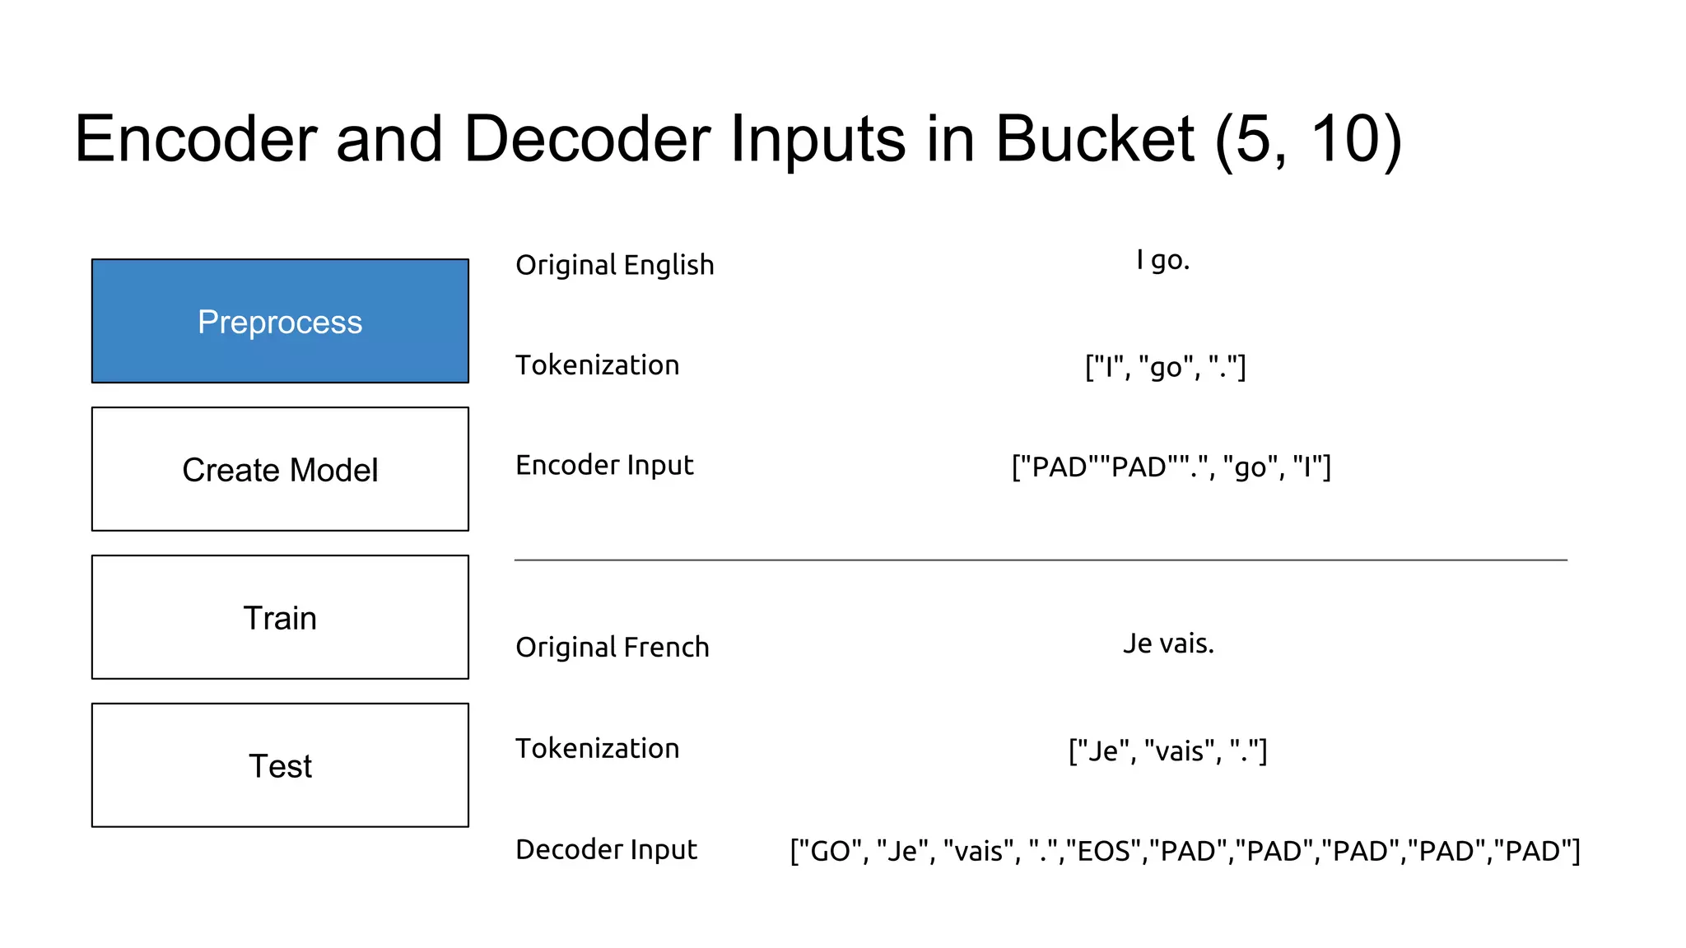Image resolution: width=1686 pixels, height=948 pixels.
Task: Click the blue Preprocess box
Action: [280, 321]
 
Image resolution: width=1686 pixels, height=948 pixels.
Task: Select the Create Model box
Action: [280, 469]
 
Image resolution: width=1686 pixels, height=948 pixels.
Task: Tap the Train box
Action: [280, 617]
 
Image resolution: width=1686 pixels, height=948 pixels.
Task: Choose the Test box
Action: [280, 765]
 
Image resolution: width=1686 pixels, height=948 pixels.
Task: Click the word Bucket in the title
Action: [1094, 138]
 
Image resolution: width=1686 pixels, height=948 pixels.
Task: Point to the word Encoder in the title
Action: [196, 138]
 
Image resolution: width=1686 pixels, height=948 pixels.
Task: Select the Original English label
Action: [614, 265]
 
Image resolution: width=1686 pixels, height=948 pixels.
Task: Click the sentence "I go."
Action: [1162, 260]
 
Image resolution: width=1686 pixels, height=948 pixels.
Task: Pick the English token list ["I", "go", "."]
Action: [1165, 366]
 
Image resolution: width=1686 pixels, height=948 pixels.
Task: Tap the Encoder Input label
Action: [604, 465]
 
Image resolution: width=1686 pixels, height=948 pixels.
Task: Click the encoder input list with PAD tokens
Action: [1171, 467]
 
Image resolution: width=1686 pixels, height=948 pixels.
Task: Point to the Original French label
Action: [612, 647]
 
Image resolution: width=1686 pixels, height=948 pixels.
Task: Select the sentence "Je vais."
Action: [1168, 643]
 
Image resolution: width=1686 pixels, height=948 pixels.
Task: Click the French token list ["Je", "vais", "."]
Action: [1167, 750]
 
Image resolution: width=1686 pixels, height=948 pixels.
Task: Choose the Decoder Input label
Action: [606, 849]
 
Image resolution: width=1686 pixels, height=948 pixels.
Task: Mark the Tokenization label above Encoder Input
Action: [597, 365]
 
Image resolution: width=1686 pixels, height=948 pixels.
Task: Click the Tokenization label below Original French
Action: [597, 748]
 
